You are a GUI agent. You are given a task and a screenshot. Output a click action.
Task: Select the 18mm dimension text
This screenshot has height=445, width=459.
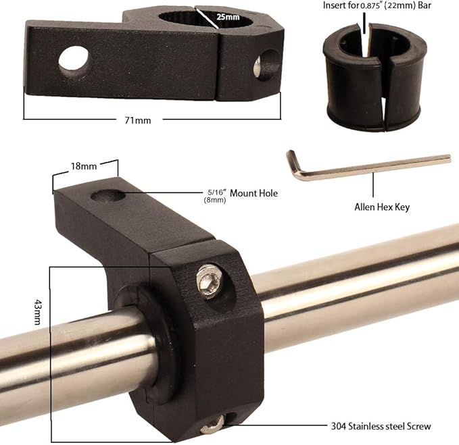point(84,166)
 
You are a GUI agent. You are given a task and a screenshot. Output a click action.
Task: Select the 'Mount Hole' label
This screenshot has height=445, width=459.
point(253,194)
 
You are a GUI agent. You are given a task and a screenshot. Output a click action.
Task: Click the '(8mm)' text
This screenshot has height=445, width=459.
point(214,200)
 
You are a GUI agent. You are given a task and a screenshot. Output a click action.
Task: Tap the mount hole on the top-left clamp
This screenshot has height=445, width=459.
point(72,60)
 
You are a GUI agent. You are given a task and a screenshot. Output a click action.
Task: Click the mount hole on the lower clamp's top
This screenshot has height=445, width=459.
point(109,197)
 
